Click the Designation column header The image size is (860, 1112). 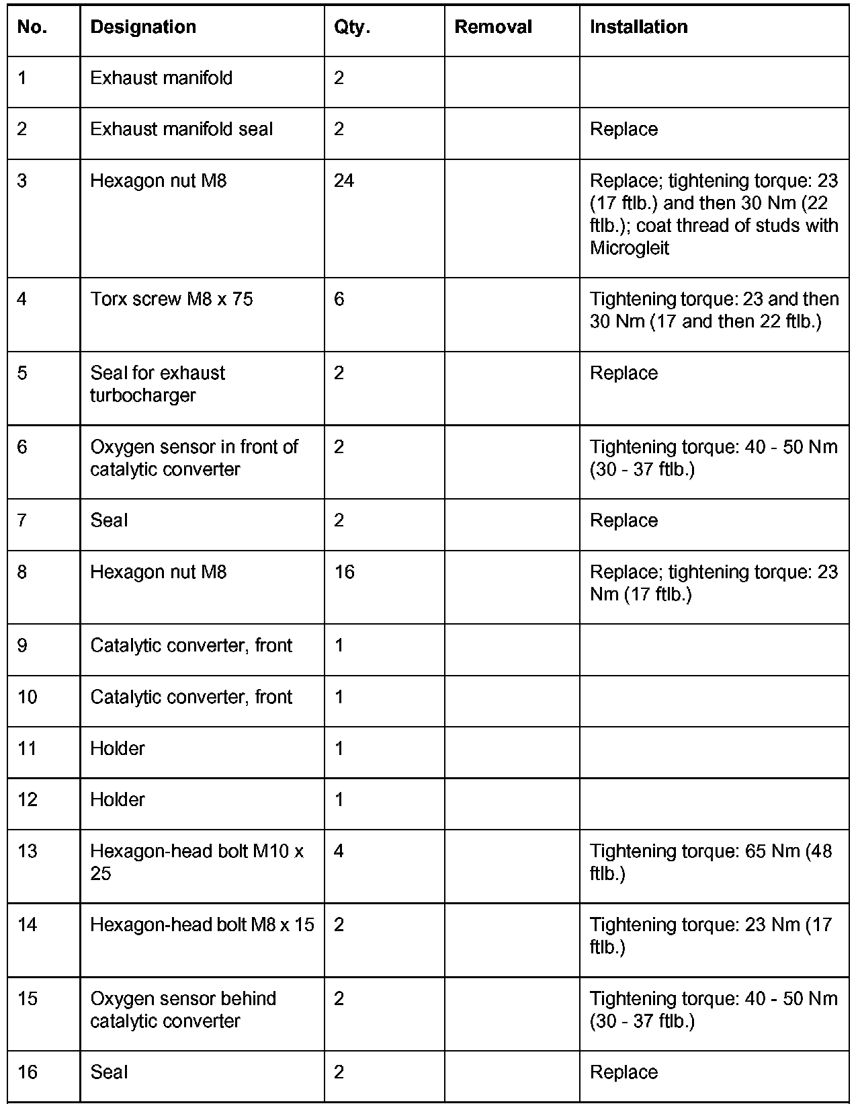143,27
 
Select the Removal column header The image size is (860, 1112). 493,27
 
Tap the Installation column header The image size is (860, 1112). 638,27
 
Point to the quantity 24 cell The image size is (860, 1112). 344,181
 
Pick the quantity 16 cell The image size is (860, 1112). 344,572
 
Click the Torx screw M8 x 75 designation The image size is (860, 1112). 171,299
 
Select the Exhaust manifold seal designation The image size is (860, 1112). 181,129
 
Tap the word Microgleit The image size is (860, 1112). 630,248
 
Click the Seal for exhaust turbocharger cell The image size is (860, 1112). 157,384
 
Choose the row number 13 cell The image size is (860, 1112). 28,851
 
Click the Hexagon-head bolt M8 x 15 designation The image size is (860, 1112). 202,925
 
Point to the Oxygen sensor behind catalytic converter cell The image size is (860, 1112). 183,1010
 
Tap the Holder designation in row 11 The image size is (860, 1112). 118,748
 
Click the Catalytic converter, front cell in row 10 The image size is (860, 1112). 191,697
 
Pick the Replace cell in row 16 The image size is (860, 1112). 623,1072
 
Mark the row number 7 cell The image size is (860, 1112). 22,520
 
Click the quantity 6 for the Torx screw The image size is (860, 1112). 339,299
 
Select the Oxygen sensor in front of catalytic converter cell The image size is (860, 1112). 193,458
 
